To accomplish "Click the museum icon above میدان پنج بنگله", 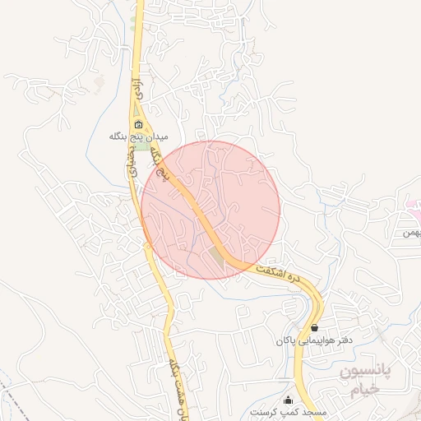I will click(137, 126).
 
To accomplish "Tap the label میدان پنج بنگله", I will click(138, 137).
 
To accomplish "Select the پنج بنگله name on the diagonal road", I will click(169, 168).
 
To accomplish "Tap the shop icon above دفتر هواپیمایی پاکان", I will click(315, 326).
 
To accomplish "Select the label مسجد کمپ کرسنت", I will click(289, 411).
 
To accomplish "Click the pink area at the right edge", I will click(413, 206).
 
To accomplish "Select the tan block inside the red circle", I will click(216, 255).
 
